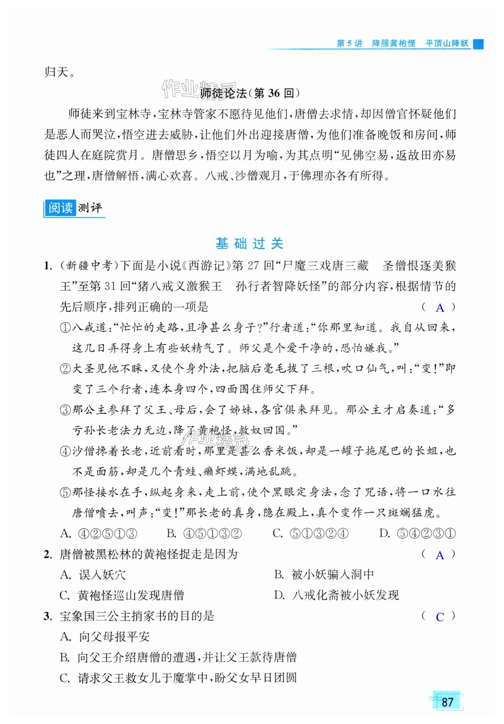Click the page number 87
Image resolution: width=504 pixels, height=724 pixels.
tap(447, 702)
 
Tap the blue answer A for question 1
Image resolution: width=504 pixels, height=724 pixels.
tap(440, 308)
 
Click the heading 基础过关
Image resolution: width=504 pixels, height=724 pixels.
tap(249, 243)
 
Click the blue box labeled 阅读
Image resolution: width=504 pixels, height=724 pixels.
tap(60, 208)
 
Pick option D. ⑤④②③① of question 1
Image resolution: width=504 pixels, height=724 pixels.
tap(417, 533)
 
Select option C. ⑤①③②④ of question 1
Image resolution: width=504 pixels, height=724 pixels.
tap(310, 533)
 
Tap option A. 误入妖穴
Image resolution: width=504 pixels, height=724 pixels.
tap(93, 575)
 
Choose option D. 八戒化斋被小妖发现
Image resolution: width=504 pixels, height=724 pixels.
tap(336, 595)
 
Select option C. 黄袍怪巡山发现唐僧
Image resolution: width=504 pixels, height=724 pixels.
tap(122, 595)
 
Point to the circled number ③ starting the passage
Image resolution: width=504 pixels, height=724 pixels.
tap(65, 410)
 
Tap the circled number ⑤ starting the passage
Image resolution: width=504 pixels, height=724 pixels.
tap(65, 493)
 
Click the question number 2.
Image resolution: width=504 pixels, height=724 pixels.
tap(47, 554)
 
